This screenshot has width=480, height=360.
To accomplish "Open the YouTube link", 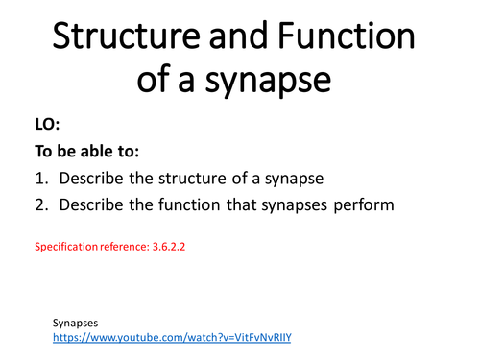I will pos(172,338).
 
